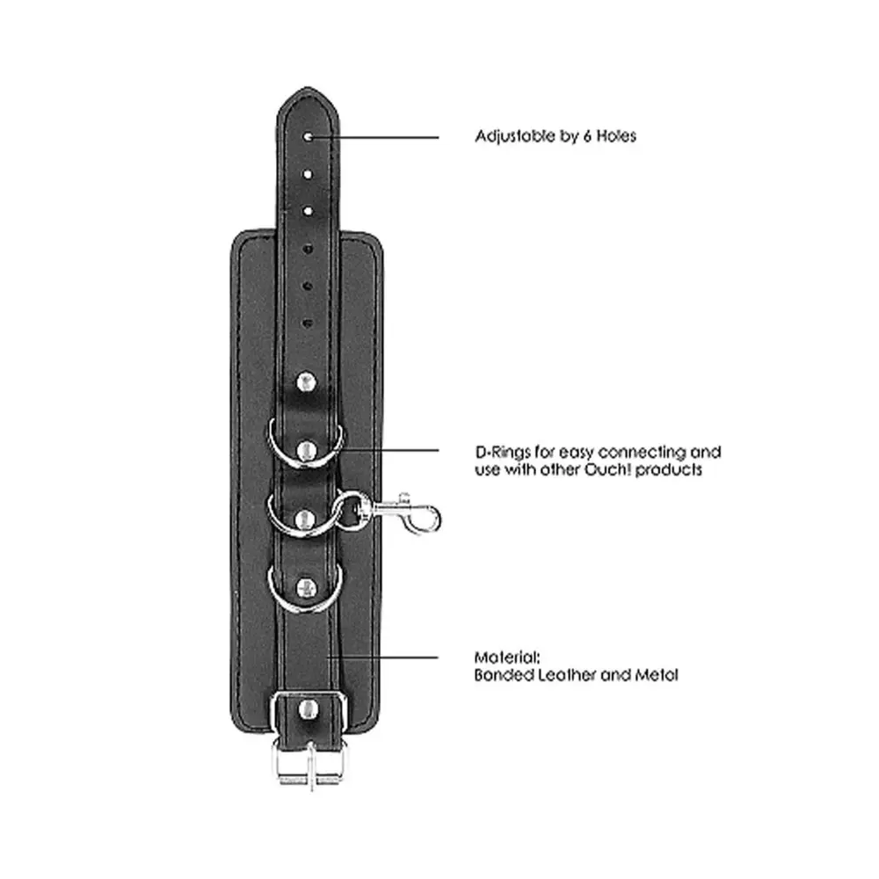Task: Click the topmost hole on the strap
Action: (x=308, y=136)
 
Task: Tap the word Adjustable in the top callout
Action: (x=518, y=136)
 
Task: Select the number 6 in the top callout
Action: (x=587, y=136)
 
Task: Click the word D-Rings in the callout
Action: (x=503, y=453)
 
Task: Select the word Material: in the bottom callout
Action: (x=507, y=657)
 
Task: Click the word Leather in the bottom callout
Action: (x=567, y=675)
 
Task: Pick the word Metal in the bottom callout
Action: (x=657, y=675)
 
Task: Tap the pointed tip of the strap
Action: (x=307, y=88)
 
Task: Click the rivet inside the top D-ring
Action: (x=306, y=451)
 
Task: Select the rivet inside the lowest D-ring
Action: (x=306, y=588)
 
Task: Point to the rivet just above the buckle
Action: (x=307, y=709)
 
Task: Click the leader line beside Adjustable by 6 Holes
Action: (x=375, y=137)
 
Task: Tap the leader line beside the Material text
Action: (x=383, y=657)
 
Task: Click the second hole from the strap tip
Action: (x=308, y=174)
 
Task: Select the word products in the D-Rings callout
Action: (x=669, y=469)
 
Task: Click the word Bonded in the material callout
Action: (x=504, y=675)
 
